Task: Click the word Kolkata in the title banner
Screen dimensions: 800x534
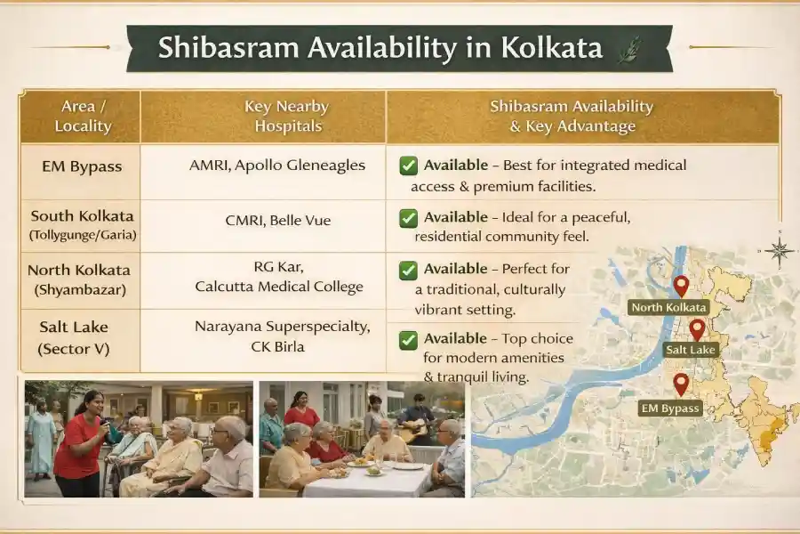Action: [x=551, y=47]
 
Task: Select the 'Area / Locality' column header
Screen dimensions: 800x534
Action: [x=83, y=116]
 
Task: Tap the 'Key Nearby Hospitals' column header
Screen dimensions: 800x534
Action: [x=287, y=116]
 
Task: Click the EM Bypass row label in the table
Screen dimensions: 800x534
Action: [x=82, y=166]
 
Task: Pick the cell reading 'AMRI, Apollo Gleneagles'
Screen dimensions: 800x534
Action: [x=277, y=165]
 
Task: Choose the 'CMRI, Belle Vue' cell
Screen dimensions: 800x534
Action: [x=278, y=220]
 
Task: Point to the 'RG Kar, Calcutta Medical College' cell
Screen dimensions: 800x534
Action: [x=278, y=277]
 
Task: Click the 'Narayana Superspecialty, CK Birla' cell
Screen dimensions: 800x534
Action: [x=282, y=336]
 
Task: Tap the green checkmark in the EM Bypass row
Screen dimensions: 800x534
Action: [x=409, y=166]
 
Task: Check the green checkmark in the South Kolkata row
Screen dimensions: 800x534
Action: [x=409, y=218]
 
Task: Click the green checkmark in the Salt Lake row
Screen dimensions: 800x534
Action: [x=409, y=340]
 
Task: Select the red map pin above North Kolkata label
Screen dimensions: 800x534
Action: [x=681, y=287]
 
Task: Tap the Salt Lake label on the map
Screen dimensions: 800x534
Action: [x=691, y=350]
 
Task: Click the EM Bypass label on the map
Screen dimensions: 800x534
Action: [x=670, y=409]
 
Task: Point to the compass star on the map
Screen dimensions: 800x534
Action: [x=780, y=250]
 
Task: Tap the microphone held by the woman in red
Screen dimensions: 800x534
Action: [x=104, y=423]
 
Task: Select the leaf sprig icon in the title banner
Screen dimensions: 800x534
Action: [x=629, y=50]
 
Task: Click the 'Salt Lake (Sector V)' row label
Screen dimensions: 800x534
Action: [x=74, y=338]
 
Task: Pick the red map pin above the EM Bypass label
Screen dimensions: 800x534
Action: [x=681, y=384]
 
